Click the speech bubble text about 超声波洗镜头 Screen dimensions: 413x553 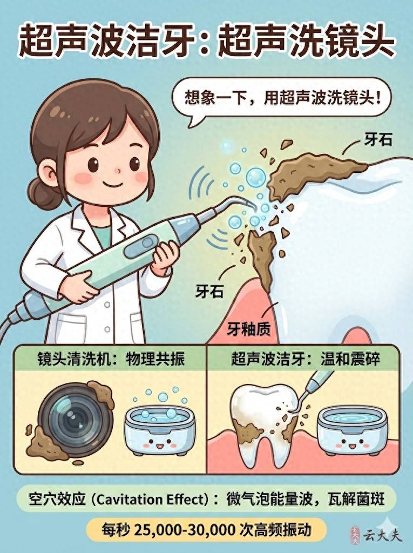[283, 97]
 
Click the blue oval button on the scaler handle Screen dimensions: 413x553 [141, 245]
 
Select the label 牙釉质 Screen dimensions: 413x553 [249, 329]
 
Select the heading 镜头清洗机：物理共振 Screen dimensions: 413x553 [111, 359]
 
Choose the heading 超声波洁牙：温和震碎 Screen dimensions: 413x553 [306, 359]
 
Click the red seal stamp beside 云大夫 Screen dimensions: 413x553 [355, 535]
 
